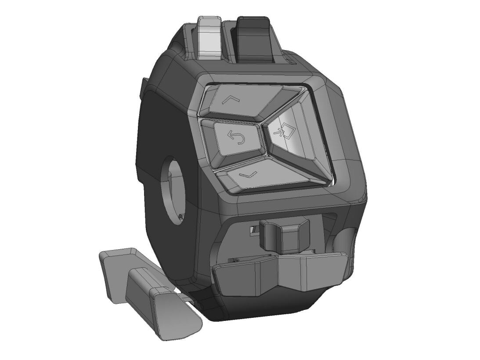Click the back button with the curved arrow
(235, 141)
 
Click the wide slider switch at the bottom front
(281, 275)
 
